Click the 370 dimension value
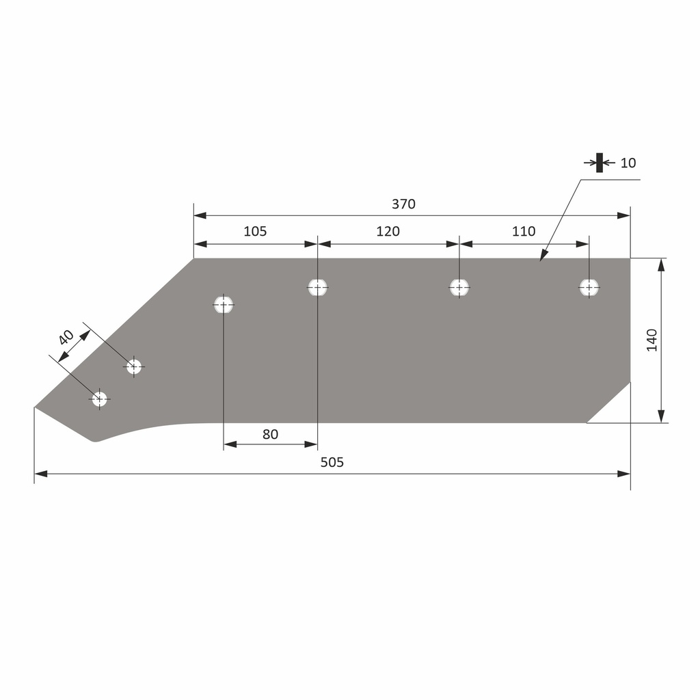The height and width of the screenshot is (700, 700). [x=403, y=204]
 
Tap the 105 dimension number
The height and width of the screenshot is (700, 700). [x=255, y=231]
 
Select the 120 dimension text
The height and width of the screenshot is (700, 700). [x=388, y=231]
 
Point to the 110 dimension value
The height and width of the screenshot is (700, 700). [x=524, y=231]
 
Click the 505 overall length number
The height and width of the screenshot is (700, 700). [x=332, y=462]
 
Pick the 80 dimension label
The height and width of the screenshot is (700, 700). [x=270, y=434]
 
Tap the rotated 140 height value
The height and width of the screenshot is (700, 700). [x=651, y=340]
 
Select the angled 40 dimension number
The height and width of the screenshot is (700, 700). [x=66, y=337]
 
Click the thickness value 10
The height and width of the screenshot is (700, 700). [x=628, y=163]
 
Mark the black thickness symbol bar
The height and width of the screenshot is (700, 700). [x=600, y=163]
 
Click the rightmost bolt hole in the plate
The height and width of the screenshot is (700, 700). [x=589, y=288]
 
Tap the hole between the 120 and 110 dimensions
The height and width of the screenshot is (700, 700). [x=459, y=287]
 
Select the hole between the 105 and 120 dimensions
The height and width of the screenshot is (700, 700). [x=317, y=287]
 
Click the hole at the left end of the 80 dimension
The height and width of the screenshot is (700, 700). [x=224, y=304]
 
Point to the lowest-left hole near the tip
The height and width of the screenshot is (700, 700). [x=100, y=399]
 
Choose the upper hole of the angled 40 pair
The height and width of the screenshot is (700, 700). [x=134, y=366]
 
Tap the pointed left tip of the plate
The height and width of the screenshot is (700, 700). [x=36, y=408]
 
